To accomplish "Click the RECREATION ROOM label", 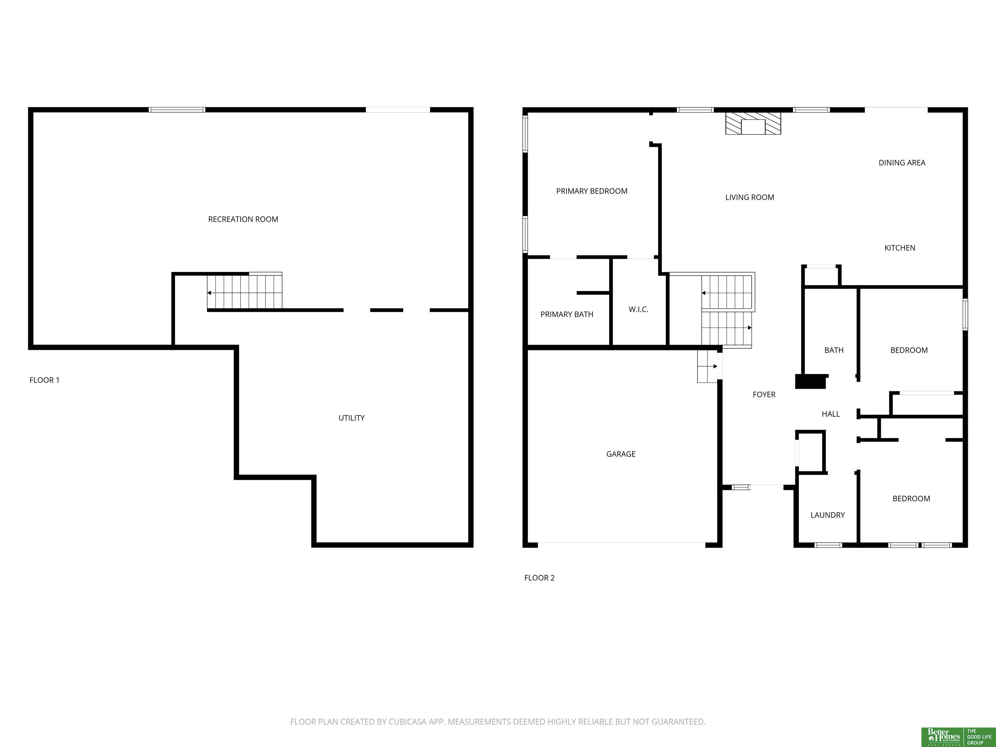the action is click(x=243, y=219).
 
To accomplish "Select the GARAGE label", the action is click(x=621, y=454).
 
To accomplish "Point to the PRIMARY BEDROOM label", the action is click(x=592, y=191).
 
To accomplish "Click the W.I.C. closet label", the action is click(x=638, y=309).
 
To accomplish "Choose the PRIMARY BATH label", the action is click(x=567, y=314).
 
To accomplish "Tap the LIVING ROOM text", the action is click(x=750, y=197).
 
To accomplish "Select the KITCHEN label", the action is click(x=900, y=248).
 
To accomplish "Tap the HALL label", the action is click(x=831, y=414).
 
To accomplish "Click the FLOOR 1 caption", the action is click(x=44, y=380).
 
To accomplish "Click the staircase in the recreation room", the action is click(x=244, y=292).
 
